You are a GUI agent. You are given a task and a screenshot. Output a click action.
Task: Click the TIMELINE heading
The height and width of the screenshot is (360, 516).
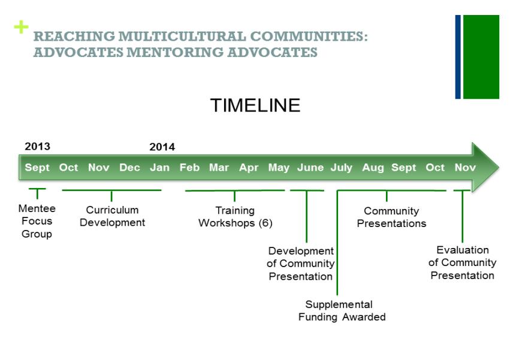point(255,105)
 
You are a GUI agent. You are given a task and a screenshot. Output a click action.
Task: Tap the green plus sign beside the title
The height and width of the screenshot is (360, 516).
point(21,27)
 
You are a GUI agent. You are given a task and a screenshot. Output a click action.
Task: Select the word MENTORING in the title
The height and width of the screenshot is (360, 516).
point(174,52)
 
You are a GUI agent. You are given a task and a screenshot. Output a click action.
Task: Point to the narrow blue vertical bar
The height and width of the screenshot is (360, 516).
point(458,57)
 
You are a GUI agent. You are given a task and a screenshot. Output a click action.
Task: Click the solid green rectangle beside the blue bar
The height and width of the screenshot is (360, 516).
point(481,57)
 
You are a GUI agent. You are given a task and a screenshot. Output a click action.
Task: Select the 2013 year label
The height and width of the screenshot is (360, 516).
point(37,147)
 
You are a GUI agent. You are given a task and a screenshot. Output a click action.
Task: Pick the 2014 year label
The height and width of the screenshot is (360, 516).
point(162,147)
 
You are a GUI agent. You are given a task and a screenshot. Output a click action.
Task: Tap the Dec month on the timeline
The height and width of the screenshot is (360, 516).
point(129,168)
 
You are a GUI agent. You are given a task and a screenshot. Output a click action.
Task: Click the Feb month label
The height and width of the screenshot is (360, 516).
point(189,168)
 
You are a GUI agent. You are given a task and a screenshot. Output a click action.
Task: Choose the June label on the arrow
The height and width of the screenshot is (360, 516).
point(310,168)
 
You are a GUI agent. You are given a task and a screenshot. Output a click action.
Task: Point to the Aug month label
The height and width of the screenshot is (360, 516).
point(373,168)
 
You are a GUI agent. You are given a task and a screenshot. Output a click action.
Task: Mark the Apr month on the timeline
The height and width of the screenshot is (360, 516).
point(249,168)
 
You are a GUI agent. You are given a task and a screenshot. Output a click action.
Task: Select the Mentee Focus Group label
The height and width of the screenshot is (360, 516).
point(37,221)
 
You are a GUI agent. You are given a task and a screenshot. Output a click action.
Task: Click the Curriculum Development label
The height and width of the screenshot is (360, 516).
point(112,216)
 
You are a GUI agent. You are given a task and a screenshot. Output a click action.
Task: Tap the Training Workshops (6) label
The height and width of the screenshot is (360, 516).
point(235,217)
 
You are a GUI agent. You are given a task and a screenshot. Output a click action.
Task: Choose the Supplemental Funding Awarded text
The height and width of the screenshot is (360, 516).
point(342,310)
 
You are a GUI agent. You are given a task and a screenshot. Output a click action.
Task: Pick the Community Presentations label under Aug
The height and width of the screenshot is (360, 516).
point(391,217)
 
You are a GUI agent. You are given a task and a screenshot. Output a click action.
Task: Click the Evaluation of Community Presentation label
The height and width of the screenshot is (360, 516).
point(462,262)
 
